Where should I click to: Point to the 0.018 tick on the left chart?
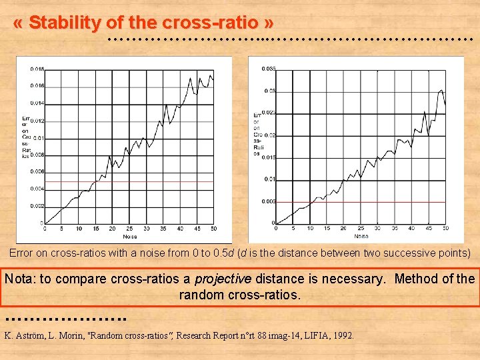click(37, 69)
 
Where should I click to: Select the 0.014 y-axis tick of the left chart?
click(37, 103)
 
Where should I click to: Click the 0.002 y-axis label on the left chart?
click(37, 206)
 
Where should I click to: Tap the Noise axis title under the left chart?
click(129, 236)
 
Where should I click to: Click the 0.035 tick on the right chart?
click(268, 69)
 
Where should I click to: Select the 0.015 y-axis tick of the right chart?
click(268, 157)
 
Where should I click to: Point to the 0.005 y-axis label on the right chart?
click(268, 201)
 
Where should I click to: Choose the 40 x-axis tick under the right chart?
click(411, 229)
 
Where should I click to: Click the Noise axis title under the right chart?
click(361, 236)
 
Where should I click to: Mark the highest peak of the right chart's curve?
click(441, 89)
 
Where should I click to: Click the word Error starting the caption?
click(21, 253)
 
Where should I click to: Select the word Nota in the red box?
click(20, 279)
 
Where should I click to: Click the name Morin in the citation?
click(67, 335)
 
